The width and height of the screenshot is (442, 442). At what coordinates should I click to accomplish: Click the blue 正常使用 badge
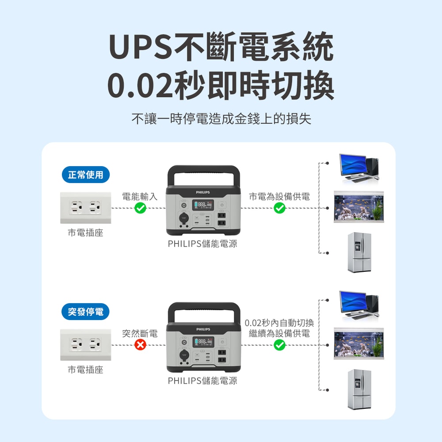86,175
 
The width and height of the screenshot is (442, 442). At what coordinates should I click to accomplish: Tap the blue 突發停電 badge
86,312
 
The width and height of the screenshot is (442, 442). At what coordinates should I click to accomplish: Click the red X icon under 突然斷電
140,345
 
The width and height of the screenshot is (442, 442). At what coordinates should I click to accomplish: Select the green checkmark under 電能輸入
140,208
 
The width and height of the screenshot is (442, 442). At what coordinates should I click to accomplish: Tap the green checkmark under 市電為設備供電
279,208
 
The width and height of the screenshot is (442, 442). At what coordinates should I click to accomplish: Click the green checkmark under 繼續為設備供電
279,345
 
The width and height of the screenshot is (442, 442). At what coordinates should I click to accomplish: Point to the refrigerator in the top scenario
359,252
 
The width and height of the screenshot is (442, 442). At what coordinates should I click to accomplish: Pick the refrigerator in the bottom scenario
359,389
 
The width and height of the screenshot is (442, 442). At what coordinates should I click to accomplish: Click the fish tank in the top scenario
358,207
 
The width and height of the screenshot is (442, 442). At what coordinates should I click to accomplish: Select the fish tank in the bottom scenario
358,344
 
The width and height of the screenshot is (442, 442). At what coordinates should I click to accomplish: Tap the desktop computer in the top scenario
358,167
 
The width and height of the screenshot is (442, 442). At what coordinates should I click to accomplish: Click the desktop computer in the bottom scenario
358,304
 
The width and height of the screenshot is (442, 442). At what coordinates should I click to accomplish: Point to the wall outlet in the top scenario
86,207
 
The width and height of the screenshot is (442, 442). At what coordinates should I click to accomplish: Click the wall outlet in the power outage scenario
86,344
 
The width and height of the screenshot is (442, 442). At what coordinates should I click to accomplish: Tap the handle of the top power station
204,170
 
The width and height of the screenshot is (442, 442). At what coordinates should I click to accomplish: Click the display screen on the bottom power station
204,342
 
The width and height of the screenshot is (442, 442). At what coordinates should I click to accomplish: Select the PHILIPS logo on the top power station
203,192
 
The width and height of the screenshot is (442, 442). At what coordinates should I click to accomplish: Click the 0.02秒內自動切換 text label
279,323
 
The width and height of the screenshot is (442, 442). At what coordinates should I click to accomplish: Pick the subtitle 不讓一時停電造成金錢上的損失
221,119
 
